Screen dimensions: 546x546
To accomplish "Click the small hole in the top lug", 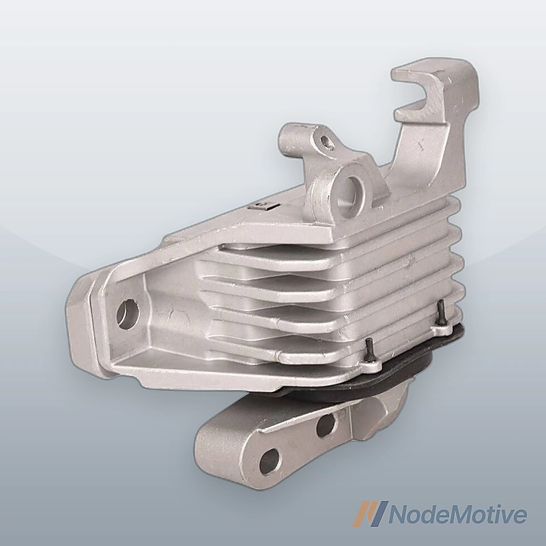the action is [326, 141].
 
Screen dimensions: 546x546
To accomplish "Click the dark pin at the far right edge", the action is [440, 312].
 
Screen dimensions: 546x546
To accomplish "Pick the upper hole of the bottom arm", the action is [326, 425].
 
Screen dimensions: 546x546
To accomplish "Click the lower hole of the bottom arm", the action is [270, 461].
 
